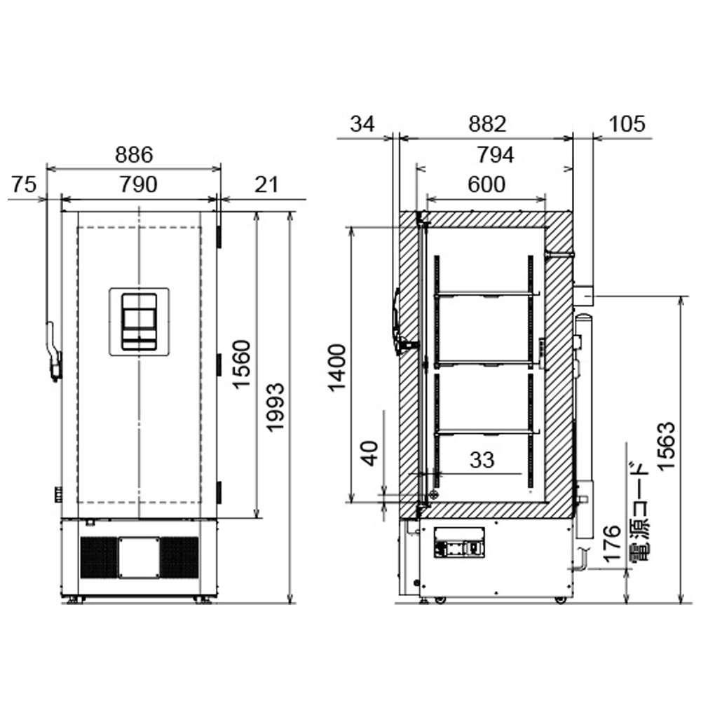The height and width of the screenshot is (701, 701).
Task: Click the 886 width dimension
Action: click(x=134, y=155)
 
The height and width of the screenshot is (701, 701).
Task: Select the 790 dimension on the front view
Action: click(x=139, y=184)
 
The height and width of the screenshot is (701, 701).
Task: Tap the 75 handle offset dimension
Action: click(x=24, y=184)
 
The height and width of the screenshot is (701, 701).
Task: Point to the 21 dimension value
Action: click(x=266, y=184)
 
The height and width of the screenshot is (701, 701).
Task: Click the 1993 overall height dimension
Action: click(x=275, y=407)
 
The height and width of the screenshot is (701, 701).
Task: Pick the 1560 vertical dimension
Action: click(x=242, y=365)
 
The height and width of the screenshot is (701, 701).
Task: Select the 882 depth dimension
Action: click(x=487, y=124)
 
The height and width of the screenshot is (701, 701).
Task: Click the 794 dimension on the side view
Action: click(x=496, y=155)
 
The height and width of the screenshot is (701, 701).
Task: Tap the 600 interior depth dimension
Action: click(x=486, y=184)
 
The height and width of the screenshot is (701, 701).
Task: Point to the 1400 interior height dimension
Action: click(x=338, y=367)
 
